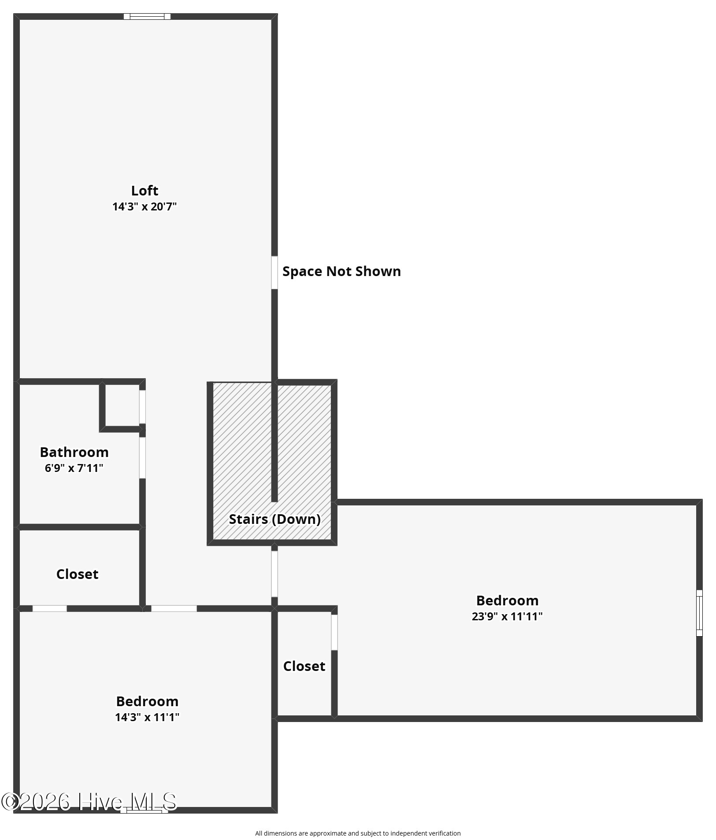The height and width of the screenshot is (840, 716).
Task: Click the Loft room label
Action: (x=145, y=191)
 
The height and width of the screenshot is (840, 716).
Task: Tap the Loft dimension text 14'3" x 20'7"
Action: (x=145, y=206)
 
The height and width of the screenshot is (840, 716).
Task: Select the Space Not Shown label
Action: (x=341, y=271)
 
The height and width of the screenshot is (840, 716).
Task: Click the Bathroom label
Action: (x=74, y=452)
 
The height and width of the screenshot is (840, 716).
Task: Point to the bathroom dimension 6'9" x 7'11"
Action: (x=74, y=468)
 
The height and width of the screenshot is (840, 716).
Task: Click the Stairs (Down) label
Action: (x=275, y=519)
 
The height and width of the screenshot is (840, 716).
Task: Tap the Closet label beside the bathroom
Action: (x=77, y=574)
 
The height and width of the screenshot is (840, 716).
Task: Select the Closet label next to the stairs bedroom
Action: (x=304, y=666)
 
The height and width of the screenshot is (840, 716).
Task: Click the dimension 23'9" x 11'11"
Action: (x=507, y=616)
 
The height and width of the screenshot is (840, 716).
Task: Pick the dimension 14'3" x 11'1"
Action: (x=147, y=717)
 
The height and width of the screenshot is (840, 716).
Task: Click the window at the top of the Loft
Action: (x=147, y=17)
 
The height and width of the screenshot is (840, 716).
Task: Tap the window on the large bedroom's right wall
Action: (x=699, y=613)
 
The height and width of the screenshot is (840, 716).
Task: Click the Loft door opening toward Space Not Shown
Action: (x=275, y=273)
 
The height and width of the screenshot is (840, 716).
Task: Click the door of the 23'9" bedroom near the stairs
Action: (x=275, y=574)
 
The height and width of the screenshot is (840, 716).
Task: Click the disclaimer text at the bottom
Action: (x=358, y=833)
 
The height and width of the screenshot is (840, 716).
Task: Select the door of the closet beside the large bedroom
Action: (x=334, y=632)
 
